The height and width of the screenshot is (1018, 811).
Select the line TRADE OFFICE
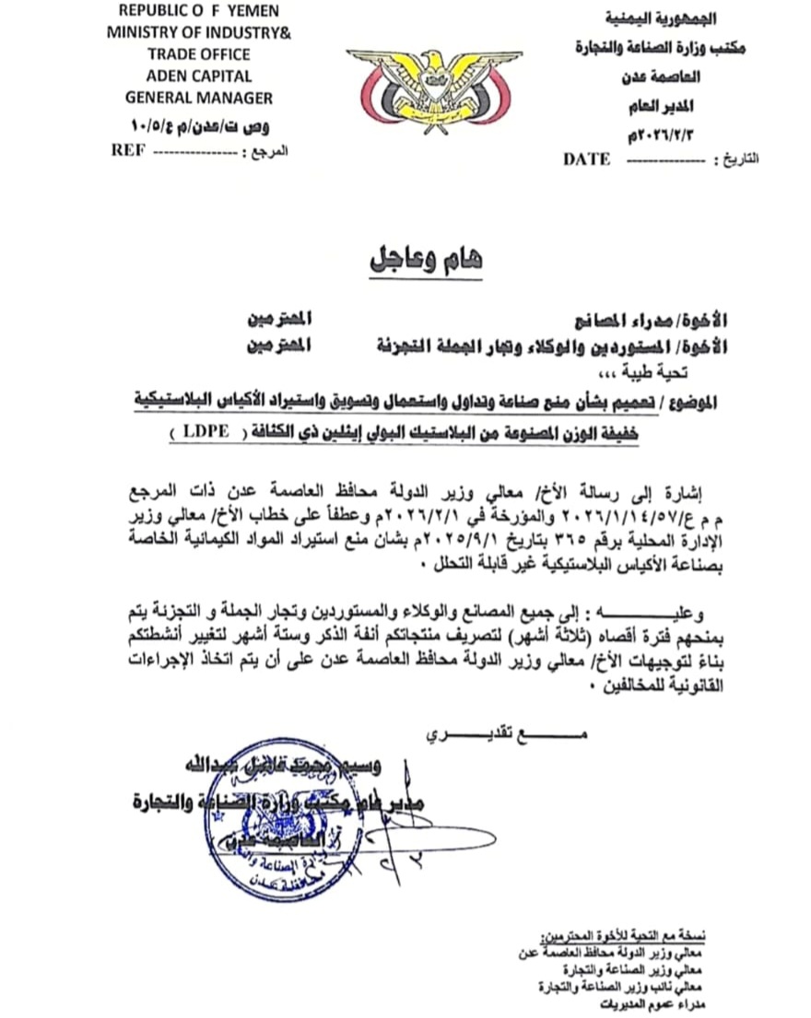click(197, 54)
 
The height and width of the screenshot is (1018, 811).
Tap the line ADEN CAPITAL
click(197, 76)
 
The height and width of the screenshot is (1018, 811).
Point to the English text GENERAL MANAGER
click(198, 97)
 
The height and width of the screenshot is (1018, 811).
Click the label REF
click(126, 150)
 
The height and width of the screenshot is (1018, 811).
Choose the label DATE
click(586, 159)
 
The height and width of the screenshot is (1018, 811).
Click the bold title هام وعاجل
click(426, 259)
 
